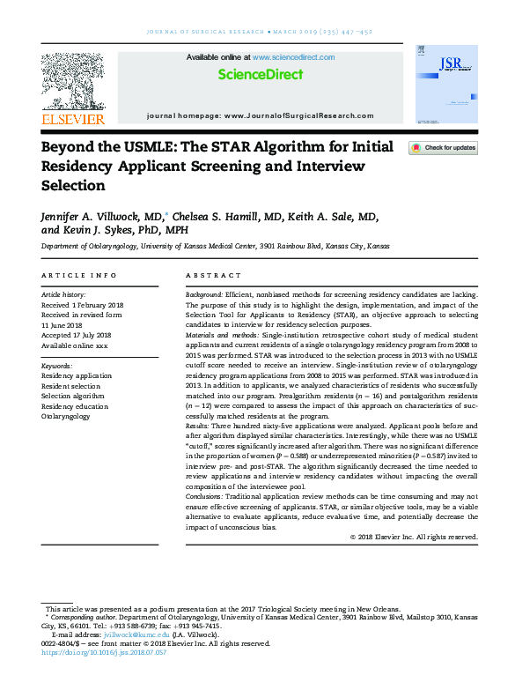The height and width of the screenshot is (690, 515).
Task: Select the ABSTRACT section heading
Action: tap(212, 276)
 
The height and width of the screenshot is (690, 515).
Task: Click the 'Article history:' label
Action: tap(63, 293)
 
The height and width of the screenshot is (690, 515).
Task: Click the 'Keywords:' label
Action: tap(57, 364)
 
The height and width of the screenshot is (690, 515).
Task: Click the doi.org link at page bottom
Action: tap(91, 653)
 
